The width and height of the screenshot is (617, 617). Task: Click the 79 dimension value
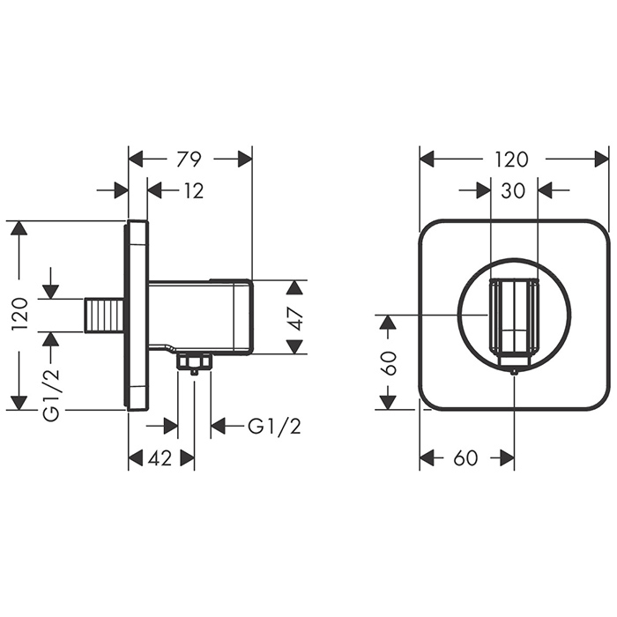pos(190,159)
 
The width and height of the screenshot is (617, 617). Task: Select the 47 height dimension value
pos(296,317)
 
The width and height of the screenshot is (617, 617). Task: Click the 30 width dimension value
pos(513,190)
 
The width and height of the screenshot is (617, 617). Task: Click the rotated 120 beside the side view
pos(19,315)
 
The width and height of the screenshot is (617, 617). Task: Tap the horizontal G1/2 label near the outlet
pos(274,427)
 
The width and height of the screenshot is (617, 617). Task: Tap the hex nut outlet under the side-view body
pos(193,361)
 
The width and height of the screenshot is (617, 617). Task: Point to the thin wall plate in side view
pos(138,315)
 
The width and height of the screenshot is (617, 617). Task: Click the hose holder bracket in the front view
pos(513,317)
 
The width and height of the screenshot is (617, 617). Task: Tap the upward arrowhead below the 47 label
pos(296,345)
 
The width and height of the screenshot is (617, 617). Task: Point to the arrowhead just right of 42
pos(187,458)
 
